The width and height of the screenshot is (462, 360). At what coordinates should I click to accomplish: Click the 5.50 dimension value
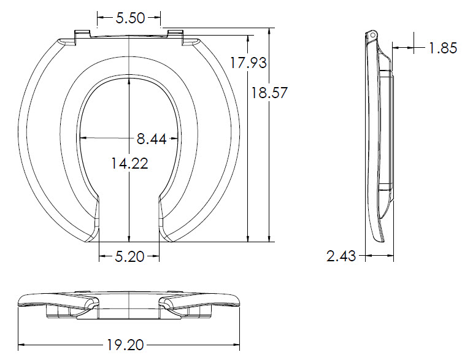[130, 18]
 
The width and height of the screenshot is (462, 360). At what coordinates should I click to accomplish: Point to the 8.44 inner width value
[152, 139]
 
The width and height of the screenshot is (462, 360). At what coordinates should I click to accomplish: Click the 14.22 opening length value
[129, 163]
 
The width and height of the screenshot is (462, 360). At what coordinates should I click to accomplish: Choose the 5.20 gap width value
[129, 256]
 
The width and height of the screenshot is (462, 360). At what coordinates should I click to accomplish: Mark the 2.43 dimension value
[341, 256]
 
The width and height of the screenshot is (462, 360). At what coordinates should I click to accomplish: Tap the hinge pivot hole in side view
[371, 36]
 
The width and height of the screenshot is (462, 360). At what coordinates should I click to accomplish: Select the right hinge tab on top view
[175, 35]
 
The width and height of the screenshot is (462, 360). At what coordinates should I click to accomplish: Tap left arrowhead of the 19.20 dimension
[20, 345]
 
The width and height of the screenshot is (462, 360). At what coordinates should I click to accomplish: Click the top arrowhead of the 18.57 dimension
[271, 31]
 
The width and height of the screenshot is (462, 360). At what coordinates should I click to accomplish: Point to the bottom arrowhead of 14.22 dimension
[129, 240]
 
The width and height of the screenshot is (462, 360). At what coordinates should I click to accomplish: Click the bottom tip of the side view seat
[383, 241]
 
